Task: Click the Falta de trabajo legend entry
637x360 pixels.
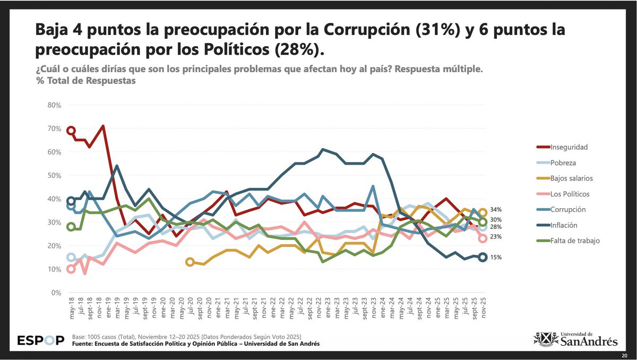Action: click(x=574, y=241)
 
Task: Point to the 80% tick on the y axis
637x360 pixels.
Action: click(x=55, y=105)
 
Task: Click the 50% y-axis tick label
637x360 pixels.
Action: click(x=55, y=175)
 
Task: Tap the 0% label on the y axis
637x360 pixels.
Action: click(x=57, y=293)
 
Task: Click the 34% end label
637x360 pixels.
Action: click(x=495, y=210)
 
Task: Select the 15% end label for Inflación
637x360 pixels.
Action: click(x=495, y=258)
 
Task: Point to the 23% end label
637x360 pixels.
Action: click(x=495, y=237)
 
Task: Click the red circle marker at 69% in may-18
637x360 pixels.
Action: click(x=71, y=131)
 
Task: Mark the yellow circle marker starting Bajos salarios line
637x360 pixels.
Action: click(x=190, y=262)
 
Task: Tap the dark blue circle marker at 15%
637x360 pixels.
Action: click(x=483, y=257)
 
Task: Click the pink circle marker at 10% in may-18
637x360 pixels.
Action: click(x=71, y=269)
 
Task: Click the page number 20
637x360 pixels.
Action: click(x=624, y=355)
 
